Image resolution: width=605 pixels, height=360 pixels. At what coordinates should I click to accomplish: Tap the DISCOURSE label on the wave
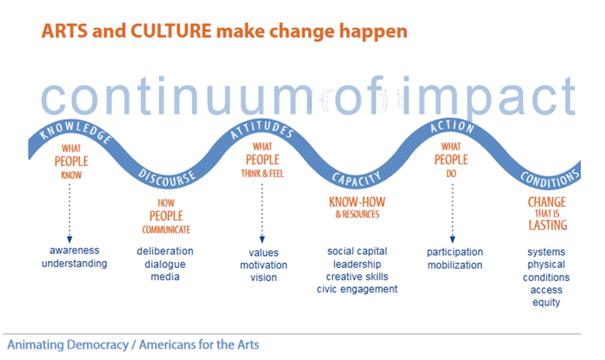(167, 178)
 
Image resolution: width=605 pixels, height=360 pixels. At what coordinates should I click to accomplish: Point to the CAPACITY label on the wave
(357, 179)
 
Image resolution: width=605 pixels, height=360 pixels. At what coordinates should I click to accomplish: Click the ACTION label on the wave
(452, 126)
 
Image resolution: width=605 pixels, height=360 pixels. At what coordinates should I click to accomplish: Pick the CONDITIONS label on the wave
(550, 178)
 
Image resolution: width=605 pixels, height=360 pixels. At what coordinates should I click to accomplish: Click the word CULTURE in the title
(171, 31)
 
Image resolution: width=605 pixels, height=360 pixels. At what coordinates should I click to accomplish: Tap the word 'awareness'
(74, 251)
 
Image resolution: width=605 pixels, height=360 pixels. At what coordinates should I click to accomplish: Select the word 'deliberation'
(165, 251)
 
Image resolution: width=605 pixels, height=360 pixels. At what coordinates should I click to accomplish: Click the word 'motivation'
(263, 265)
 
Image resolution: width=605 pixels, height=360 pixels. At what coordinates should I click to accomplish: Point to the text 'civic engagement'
(357, 289)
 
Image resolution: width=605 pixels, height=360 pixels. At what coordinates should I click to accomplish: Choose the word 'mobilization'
(455, 265)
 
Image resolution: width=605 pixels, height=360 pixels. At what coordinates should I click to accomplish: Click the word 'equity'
(546, 303)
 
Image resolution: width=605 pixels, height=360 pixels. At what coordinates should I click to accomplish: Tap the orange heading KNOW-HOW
(357, 202)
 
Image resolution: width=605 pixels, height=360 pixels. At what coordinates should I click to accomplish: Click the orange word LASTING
(548, 225)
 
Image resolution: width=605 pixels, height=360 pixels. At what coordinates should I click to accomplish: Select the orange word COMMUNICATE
(166, 230)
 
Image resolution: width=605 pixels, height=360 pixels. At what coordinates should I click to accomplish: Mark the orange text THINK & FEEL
(263, 173)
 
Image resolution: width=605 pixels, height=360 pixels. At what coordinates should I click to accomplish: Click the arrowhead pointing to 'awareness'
(69, 240)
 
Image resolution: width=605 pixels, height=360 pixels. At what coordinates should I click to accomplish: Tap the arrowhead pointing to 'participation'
(452, 240)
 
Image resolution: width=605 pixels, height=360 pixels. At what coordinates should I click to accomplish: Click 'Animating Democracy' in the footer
(68, 344)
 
